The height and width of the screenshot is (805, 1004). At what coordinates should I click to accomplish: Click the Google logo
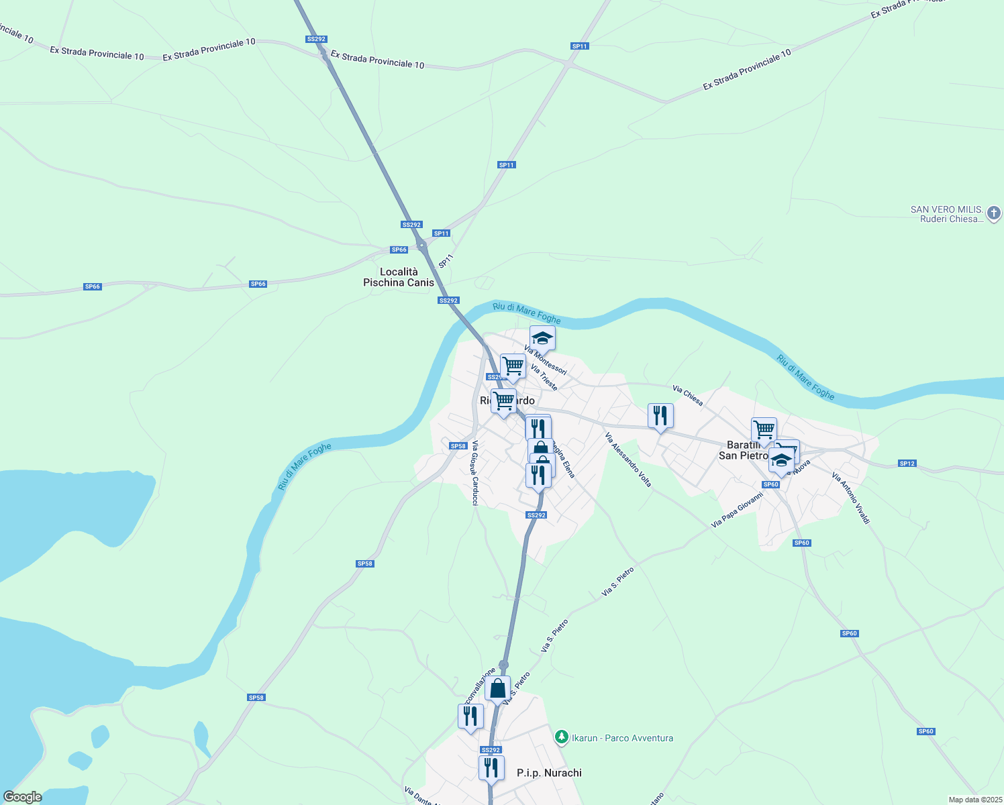click(x=22, y=797)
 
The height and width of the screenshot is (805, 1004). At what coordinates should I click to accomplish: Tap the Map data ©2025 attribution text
click(x=975, y=800)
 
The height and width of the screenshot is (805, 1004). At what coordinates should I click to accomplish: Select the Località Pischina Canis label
click(x=399, y=277)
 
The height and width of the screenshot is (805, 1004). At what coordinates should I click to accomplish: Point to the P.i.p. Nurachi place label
click(x=549, y=773)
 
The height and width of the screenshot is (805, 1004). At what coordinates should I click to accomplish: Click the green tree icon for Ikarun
click(x=561, y=737)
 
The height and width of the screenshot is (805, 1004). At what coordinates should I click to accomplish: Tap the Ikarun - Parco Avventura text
click(x=622, y=738)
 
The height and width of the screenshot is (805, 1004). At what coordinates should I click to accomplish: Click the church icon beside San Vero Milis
click(x=994, y=214)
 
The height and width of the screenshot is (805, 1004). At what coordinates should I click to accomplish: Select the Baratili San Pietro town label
click(x=744, y=450)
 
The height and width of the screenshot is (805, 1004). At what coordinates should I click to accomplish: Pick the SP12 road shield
click(x=907, y=464)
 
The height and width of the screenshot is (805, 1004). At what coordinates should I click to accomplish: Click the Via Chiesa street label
click(x=688, y=396)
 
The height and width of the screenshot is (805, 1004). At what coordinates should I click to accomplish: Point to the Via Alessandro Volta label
click(x=628, y=460)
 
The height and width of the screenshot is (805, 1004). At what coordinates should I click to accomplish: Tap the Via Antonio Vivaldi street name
click(x=850, y=498)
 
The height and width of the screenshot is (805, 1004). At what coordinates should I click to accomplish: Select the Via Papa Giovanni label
click(x=738, y=510)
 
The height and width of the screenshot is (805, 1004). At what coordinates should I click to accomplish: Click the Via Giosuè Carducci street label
click(x=474, y=472)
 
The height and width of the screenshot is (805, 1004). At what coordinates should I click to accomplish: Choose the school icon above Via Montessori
click(x=542, y=337)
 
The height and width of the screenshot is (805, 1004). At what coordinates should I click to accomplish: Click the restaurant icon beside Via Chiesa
click(x=660, y=415)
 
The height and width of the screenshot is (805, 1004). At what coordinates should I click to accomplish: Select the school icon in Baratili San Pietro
click(x=781, y=460)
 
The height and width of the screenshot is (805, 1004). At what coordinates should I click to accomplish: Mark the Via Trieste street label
click(x=544, y=378)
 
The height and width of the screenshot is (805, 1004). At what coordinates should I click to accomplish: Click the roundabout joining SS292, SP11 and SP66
click(x=421, y=246)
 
